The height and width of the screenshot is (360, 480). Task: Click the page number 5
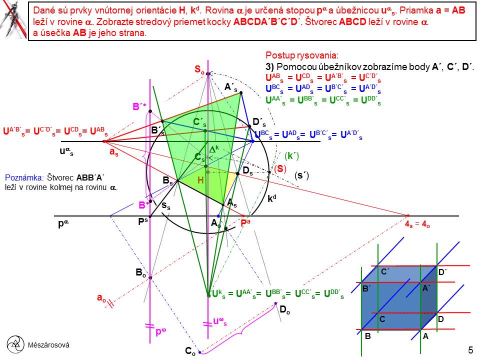470,350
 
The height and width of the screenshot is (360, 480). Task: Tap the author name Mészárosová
48,345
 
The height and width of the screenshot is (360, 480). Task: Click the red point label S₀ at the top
199,70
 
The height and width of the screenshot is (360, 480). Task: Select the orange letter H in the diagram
200,180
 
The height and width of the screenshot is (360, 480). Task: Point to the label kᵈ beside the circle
272,198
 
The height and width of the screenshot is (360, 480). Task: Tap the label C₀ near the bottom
190,352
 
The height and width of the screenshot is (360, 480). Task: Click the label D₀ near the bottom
284,310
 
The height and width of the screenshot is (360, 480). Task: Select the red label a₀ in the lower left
101,297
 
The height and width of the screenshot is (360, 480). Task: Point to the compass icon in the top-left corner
13,20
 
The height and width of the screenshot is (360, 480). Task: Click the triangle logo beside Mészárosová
16,344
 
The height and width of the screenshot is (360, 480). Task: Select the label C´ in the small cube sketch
385,272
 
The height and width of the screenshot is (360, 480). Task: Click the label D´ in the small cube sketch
442,272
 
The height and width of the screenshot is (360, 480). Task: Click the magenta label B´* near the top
139,106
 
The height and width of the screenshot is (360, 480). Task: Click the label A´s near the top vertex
230,87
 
